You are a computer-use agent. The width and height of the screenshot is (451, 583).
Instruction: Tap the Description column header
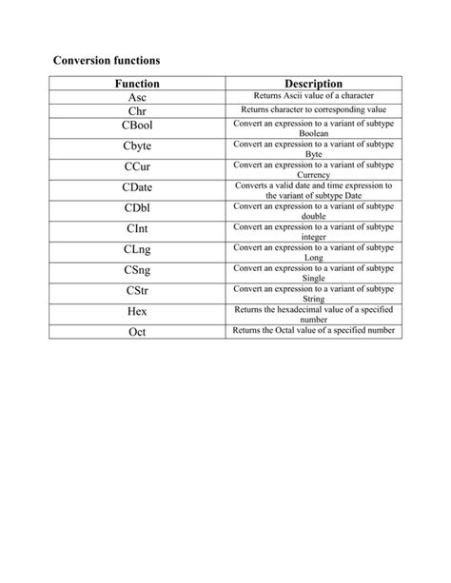click(x=313, y=84)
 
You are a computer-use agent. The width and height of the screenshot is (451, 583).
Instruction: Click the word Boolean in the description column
click(x=313, y=134)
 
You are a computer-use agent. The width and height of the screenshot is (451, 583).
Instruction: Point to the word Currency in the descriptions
click(x=313, y=175)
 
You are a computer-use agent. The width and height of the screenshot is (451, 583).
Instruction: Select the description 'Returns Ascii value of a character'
click(x=313, y=97)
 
